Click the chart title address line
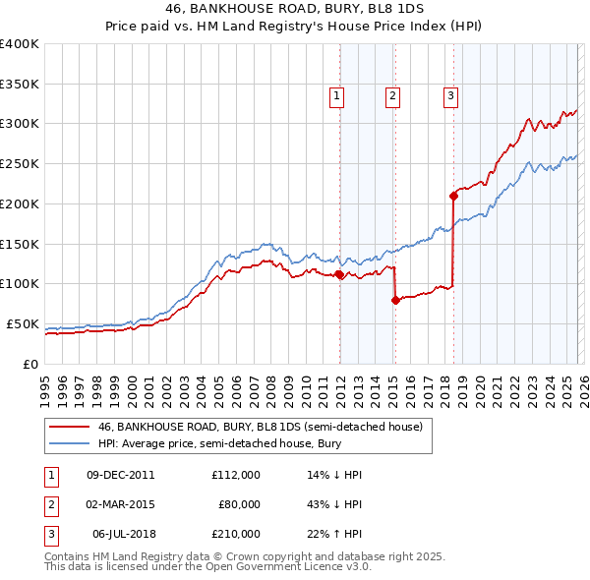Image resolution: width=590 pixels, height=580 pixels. [294, 9]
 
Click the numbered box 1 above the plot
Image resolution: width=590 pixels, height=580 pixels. [336, 96]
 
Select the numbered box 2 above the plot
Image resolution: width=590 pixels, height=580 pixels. [392, 96]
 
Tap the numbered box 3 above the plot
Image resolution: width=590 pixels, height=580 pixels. [450, 96]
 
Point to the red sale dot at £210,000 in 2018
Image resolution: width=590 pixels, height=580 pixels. [453, 195]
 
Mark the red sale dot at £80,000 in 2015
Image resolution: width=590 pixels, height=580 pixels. [395, 300]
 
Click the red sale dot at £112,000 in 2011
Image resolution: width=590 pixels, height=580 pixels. [339, 274]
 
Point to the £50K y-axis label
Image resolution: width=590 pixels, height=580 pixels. [23, 323]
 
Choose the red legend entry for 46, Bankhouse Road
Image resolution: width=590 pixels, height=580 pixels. [260, 427]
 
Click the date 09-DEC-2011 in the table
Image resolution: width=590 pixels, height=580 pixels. [120, 475]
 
